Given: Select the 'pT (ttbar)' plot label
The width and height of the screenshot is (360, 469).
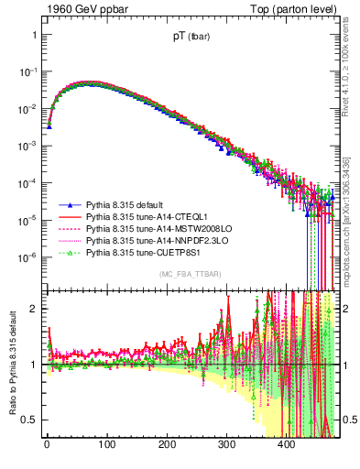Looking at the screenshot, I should click(x=191, y=39).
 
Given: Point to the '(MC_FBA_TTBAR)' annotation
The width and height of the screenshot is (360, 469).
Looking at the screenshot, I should click(x=191, y=274).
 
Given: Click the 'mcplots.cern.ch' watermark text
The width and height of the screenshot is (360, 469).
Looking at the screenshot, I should click(x=353, y=220).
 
